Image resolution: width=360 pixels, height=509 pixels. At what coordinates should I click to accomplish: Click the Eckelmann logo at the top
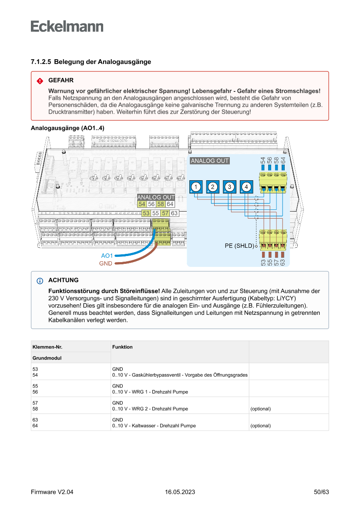(x=67, y=26)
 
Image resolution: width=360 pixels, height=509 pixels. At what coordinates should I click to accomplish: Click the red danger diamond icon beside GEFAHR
(x=40, y=81)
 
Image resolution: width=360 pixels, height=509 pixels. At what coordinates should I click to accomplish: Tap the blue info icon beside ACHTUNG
(x=40, y=280)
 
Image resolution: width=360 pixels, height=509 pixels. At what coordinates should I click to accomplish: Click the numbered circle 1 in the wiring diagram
(x=196, y=187)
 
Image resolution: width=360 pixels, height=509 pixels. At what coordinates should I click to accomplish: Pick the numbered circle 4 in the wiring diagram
(x=246, y=187)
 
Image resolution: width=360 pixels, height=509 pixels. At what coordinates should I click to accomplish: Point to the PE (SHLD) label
(x=239, y=246)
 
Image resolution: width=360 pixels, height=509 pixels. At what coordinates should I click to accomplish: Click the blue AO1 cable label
(x=107, y=256)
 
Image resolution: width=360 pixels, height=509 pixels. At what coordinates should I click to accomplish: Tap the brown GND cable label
(x=106, y=264)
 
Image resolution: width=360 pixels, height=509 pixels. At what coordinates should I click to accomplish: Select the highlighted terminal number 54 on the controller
(x=142, y=204)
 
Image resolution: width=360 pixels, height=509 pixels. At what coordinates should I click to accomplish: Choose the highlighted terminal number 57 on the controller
(x=165, y=213)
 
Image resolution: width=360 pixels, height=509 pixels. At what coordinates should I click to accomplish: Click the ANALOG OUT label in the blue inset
(x=210, y=161)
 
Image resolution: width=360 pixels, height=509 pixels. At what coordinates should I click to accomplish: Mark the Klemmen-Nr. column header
(x=50, y=347)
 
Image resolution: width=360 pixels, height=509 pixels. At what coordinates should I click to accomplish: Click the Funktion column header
(x=122, y=347)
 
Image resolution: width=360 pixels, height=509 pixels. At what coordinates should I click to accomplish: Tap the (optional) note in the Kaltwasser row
(x=260, y=425)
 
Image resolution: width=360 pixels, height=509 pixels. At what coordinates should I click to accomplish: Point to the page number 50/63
(x=321, y=492)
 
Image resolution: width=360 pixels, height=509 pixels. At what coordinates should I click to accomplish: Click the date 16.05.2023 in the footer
(x=180, y=492)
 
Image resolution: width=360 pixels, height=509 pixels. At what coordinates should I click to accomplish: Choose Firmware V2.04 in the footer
(x=52, y=492)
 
